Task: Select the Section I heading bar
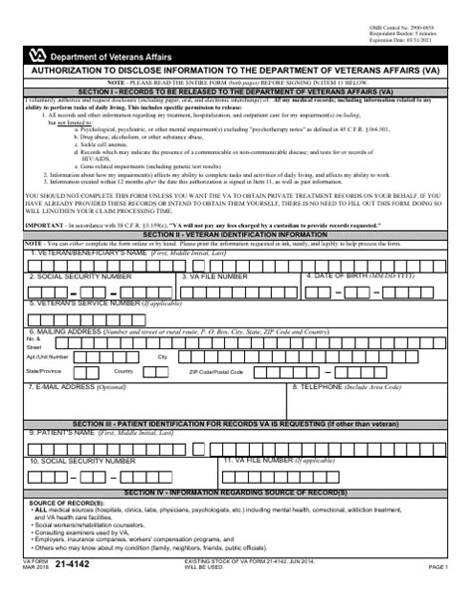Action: tap(235, 91)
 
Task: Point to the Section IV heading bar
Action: tap(235, 492)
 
